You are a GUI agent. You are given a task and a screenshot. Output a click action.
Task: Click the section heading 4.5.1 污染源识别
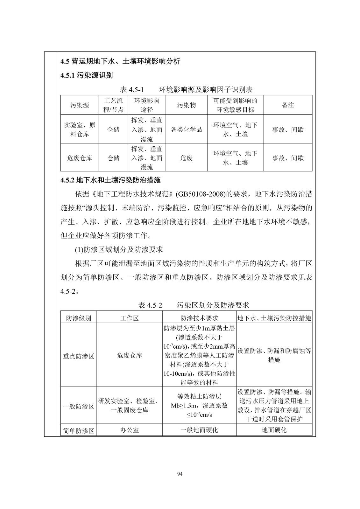[x=87, y=75]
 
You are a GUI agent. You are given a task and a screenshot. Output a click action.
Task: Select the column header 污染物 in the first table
[x=187, y=105]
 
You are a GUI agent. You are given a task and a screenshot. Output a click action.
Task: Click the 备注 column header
[x=288, y=105]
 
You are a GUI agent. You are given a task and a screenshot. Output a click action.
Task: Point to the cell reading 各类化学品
[x=187, y=129]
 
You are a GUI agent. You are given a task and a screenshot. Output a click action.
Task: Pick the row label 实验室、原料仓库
[x=80, y=129]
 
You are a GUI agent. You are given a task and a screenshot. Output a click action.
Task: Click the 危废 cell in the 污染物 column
[x=187, y=158]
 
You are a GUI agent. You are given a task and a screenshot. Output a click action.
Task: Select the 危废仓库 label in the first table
[x=80, y=158]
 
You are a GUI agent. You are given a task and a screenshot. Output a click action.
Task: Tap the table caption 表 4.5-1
[x=132, y=89]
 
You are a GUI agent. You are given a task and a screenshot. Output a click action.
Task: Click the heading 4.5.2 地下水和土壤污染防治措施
[x=110, y=180]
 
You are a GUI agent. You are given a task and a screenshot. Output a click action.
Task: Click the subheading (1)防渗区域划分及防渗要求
[x=119, y=250]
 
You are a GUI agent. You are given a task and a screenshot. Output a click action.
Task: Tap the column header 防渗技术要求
[x=199, y=318]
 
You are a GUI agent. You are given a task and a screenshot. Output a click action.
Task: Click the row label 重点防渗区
[x=79, y=356]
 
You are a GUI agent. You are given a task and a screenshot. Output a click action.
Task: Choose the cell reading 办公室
[x=130, y=430]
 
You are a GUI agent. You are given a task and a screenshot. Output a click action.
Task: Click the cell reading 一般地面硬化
[x=199, y=430]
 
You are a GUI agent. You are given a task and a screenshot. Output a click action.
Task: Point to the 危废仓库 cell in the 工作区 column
[x=130, y=355]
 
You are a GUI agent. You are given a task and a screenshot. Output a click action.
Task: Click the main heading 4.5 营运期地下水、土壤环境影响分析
[x=120, y=61]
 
